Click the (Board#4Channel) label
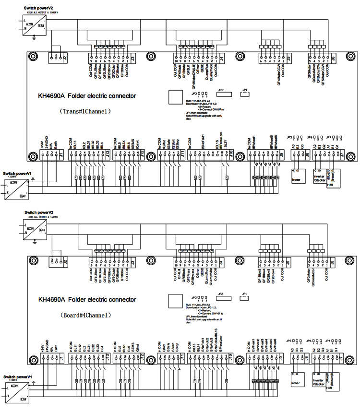point(85,316)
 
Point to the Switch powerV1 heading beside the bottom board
point(18,377)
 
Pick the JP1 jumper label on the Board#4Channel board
point(244,294)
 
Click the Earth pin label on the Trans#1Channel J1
point(57,143)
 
